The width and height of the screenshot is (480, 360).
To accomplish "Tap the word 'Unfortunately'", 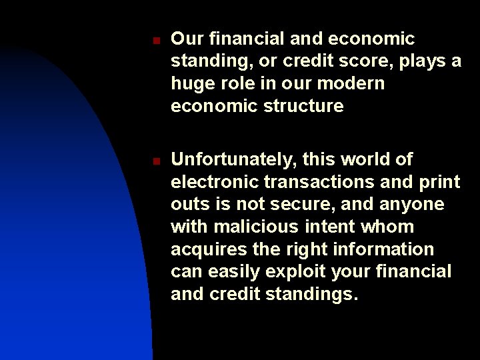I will click(234, 160).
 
